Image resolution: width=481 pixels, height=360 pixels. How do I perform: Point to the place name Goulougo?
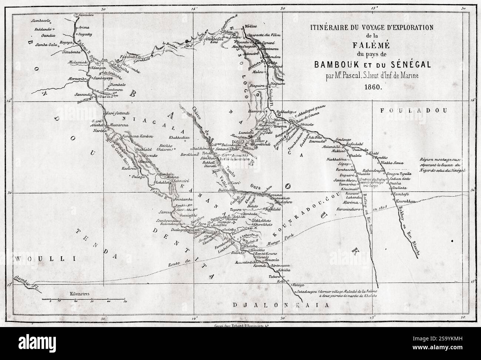[x=342, y=139]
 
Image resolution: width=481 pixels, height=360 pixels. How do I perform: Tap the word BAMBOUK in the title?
[x=339, y=64]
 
